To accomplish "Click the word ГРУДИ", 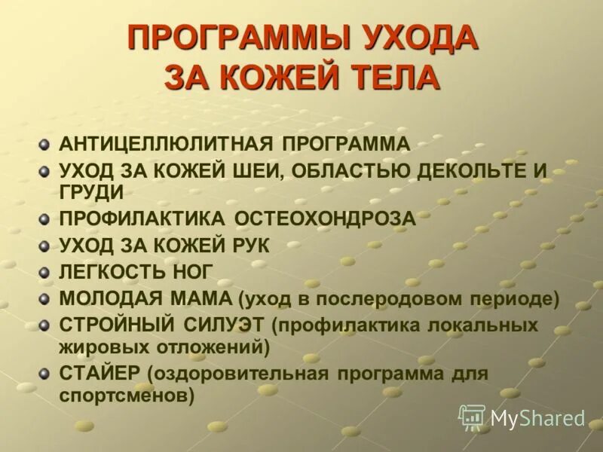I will (x=91, y=192).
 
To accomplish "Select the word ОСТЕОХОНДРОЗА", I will (x=325, y=218).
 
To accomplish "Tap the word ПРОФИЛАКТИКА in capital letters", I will (x=142, y=218).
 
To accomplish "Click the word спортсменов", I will (x=127, y=394).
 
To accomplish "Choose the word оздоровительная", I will (x=238, y=373).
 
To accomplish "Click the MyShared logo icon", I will (x=472, y=417).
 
